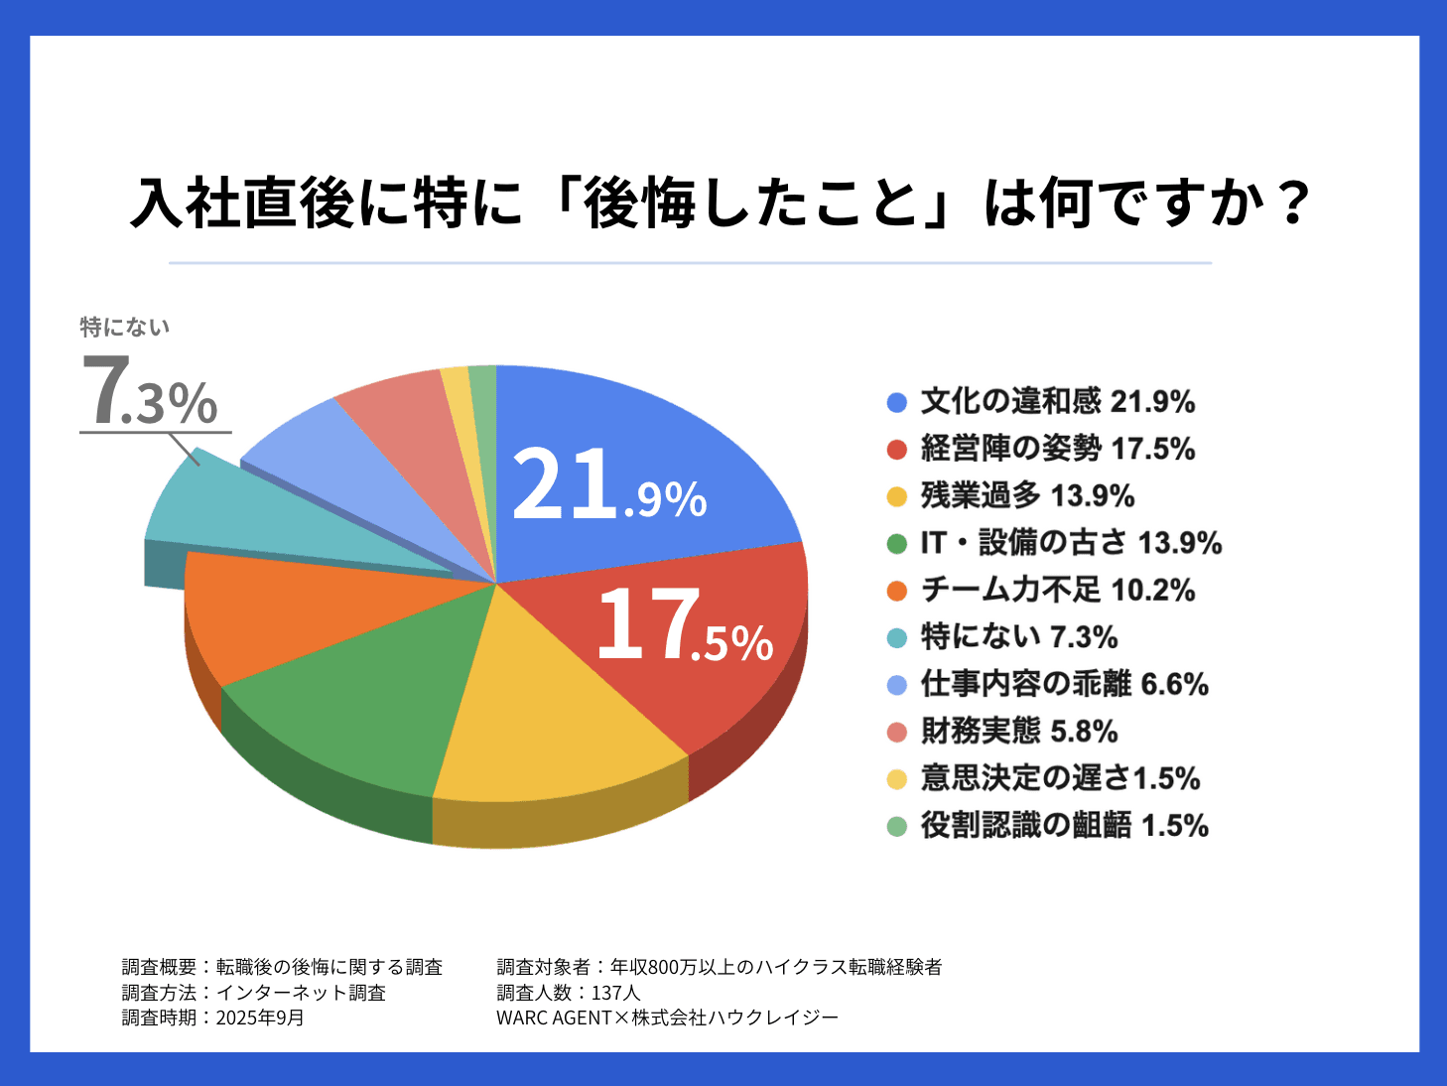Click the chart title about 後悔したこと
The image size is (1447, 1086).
pos(722,204)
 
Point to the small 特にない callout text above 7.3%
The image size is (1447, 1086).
pos(125,327)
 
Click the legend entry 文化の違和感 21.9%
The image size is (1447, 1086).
pos(1057,401)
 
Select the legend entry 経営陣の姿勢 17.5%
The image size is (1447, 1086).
pos(1057,449)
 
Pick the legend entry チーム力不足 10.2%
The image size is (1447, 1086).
pos(1057,590)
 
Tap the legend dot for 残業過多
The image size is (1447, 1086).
pos(897,496)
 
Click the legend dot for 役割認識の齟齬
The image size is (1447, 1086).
pos(897,826)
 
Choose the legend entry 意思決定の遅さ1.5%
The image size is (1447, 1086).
pos(1060,778)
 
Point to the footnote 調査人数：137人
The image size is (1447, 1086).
pos(569,993)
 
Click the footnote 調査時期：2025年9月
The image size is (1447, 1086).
pos(213,1018)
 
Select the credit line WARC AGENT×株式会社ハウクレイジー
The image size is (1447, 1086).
pos(667,1018)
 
